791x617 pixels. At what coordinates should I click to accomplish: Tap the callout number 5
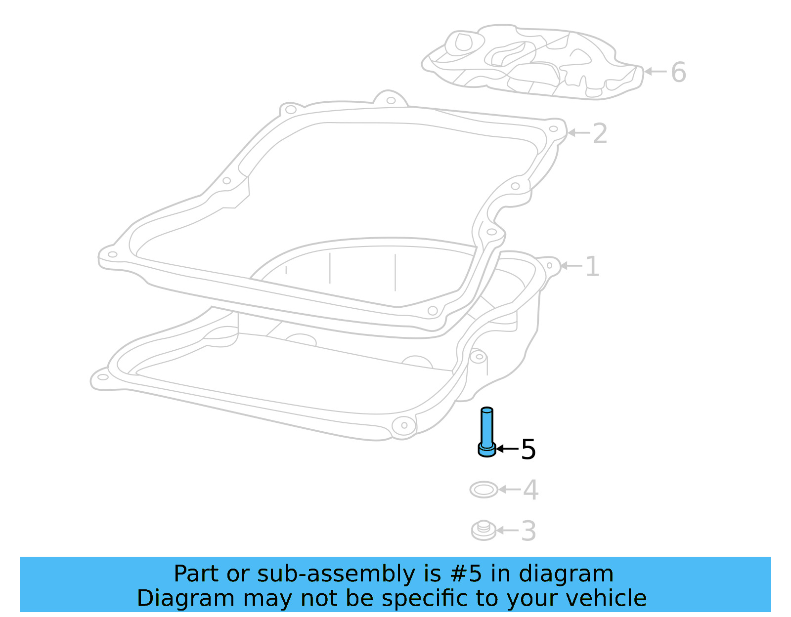coord(528,450)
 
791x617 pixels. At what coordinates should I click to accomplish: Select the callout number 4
coord(530,490)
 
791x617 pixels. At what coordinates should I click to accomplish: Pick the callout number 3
coord(528,531)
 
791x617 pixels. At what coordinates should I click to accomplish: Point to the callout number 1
coord(592,267)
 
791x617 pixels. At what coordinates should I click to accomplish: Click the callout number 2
coord(599,133)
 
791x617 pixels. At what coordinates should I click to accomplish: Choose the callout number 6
coord(678,72)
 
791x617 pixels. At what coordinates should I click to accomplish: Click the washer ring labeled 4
coord(483,490)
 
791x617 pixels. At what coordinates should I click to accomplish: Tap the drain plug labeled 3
coord(483,531)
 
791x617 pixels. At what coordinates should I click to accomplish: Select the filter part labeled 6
coord(534,62)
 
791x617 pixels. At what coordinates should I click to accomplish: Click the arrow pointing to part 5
coord(507,449)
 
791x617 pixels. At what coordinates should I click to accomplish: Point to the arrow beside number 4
coord(509,490)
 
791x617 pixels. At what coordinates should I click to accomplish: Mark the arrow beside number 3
coord(507,531)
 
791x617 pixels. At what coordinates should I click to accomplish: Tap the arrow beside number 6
coord(656,72)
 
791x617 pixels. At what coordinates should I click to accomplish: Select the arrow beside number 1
coord(571,266)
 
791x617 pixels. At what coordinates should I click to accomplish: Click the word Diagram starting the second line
coord(185,598)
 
